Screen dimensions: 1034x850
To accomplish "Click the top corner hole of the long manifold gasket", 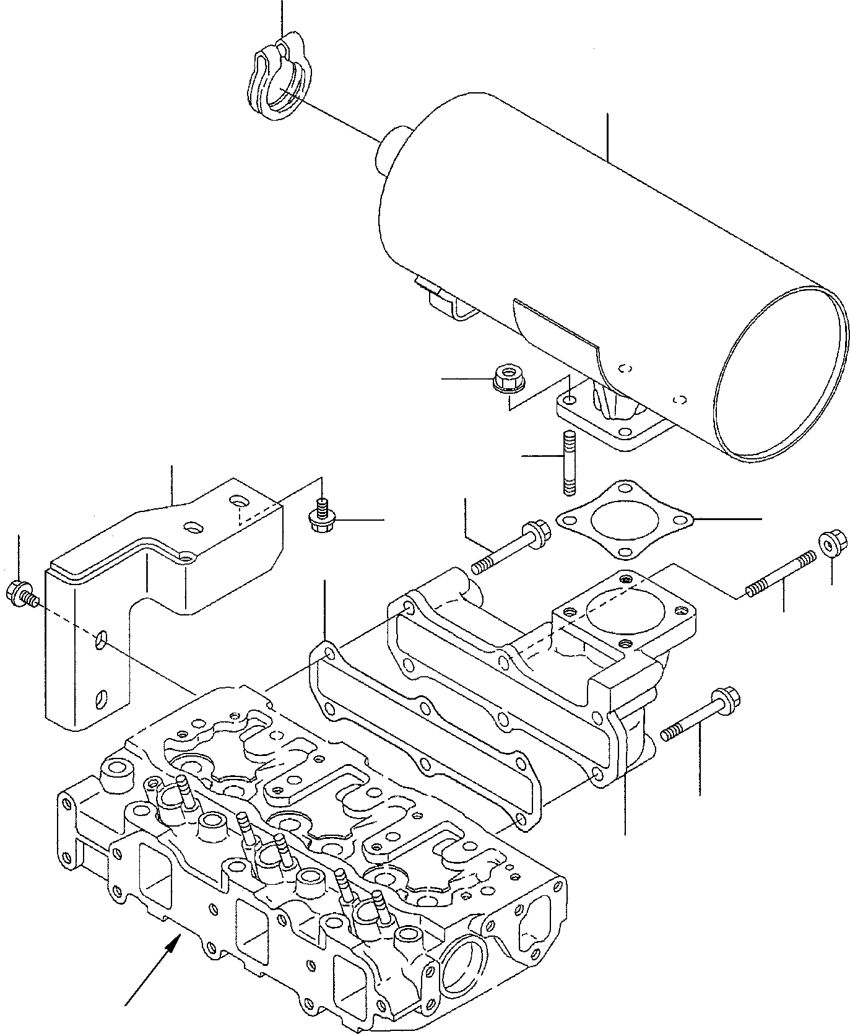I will coord(329,653).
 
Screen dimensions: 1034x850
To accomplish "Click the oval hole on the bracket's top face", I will coord(193,527).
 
